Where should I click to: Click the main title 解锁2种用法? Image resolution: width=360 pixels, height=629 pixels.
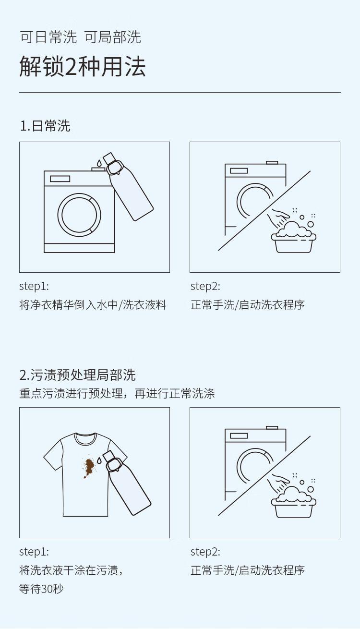(82, 67)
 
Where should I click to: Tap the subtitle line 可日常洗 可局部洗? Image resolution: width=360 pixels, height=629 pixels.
(80, 37)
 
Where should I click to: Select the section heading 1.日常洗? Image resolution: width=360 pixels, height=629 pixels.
(45, 125)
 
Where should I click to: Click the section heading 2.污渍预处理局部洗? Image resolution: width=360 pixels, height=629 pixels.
(77, 375)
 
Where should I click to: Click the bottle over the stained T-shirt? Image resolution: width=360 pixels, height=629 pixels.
(127, 483)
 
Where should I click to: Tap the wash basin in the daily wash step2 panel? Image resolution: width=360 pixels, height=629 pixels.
(294, 243)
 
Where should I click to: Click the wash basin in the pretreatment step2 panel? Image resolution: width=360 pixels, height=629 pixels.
(294, 508)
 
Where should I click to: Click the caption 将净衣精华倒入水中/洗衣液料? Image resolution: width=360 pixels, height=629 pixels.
(93, 305)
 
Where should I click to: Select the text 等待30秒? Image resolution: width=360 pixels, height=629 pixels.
(41, 589)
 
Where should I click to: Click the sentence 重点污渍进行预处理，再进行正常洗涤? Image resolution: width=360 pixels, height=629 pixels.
(117, 393)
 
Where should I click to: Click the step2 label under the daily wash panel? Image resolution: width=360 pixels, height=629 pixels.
(205, 287)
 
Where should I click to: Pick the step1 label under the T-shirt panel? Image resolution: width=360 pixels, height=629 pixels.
(34, 552)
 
